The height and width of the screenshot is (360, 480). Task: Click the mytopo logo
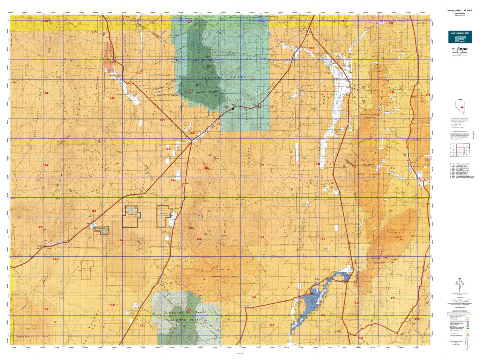pyautogui.click(x=460, y=50)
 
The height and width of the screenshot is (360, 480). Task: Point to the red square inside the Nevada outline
pyautogui.click(x=462, y=103)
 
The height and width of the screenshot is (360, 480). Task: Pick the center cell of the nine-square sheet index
pyautogui.click(x=460, y=150)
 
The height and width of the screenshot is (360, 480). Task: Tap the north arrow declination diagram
pyautogui.click(x=460, y=284)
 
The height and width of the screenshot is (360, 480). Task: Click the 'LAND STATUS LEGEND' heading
pyautogui.click(x=460, y=311)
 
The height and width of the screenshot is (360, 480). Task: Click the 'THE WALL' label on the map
pyautogui.click(x=33, y=328)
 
